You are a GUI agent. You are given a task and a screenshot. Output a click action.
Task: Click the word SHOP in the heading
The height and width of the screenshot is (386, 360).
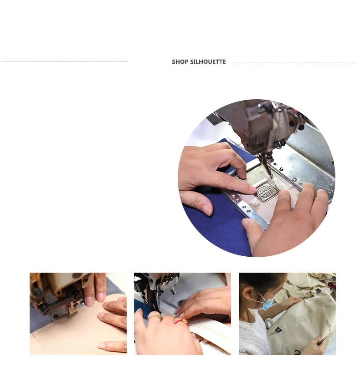[180, 62]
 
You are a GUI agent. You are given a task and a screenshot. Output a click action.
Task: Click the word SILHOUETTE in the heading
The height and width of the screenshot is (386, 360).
[208, 62]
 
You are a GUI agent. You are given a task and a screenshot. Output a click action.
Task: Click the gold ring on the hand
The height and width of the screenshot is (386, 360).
[155, 318]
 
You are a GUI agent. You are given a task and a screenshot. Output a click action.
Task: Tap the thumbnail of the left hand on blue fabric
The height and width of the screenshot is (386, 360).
[207, 210]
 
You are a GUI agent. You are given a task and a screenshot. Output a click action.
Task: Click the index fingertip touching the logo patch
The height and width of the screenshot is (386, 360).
[252, 189]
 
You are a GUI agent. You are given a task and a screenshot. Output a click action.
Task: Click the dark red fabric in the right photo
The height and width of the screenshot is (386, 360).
[331, 285]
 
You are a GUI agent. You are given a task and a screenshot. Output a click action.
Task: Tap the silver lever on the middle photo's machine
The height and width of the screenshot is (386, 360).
[174, 290]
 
